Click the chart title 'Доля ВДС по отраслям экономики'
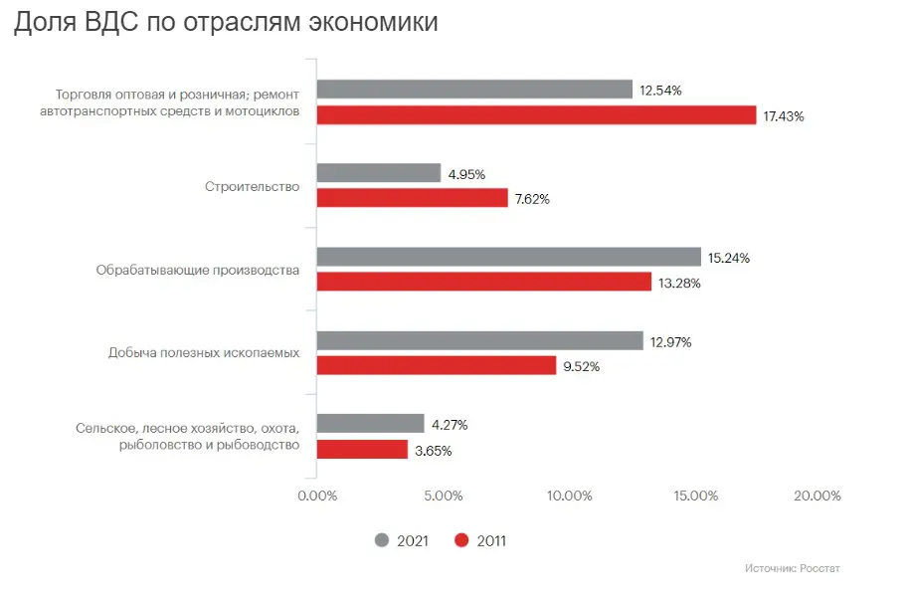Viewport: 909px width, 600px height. pos(226,24)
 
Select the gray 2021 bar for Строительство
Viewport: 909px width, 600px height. pos(379,173)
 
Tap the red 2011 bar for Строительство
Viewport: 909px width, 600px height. pos(412,198)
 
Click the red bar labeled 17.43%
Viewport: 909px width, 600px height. pos(536,115)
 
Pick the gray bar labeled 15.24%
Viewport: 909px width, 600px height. pos(508,257)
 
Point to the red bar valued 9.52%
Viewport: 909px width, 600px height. pos(437,365)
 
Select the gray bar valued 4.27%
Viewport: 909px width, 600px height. pos(370,424)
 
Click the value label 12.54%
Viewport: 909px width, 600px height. pos(660,91)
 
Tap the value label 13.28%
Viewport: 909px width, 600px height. pos(679,283)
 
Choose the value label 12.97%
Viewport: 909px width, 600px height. pos(670,341)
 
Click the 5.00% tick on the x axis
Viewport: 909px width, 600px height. pos(444,496)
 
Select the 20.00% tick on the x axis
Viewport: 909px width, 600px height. pos(818,496)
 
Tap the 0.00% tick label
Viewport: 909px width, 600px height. pos(317,496)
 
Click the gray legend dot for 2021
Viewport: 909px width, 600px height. pos(382,540)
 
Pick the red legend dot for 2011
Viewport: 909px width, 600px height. pos(461,540)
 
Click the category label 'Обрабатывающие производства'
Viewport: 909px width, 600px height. pos(198,269)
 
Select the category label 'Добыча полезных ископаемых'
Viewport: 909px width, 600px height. pos(204,352)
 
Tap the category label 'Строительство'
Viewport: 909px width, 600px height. pos(252,186)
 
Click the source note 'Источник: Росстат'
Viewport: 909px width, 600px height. pos(792,569)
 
